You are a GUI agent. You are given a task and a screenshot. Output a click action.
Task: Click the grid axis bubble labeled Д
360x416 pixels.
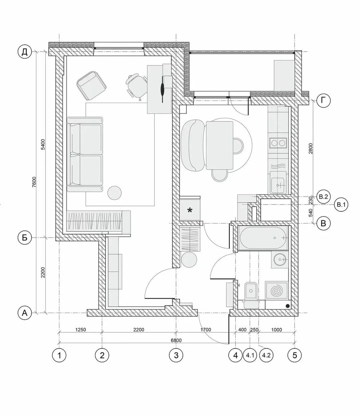coord(25,52)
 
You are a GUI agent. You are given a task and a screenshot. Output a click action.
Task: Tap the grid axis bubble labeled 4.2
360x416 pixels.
coord(266,355)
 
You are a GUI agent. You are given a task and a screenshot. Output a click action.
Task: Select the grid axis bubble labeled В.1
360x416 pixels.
coord(341,205)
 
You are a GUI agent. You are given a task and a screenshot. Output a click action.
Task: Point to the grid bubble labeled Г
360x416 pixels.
coord(323,100)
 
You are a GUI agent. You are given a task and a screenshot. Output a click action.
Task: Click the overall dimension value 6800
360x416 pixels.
coord(176,340)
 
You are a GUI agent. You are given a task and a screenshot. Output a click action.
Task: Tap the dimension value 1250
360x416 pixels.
coord(80,330)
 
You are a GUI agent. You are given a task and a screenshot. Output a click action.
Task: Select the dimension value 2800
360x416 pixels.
coord(311,148)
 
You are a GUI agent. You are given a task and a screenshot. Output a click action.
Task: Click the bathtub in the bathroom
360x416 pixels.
coord(263,238)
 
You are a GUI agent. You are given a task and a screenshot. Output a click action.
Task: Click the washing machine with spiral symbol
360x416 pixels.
coord(277,291)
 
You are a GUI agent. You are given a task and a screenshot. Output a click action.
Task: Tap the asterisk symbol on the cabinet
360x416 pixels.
coord(190,210)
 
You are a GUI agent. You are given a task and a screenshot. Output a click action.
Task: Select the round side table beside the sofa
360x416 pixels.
coord(114,193)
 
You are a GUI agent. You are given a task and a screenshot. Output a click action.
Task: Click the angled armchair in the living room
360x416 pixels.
coord(92,85)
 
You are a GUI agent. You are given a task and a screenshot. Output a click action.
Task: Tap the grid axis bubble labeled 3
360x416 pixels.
coord(176,355)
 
